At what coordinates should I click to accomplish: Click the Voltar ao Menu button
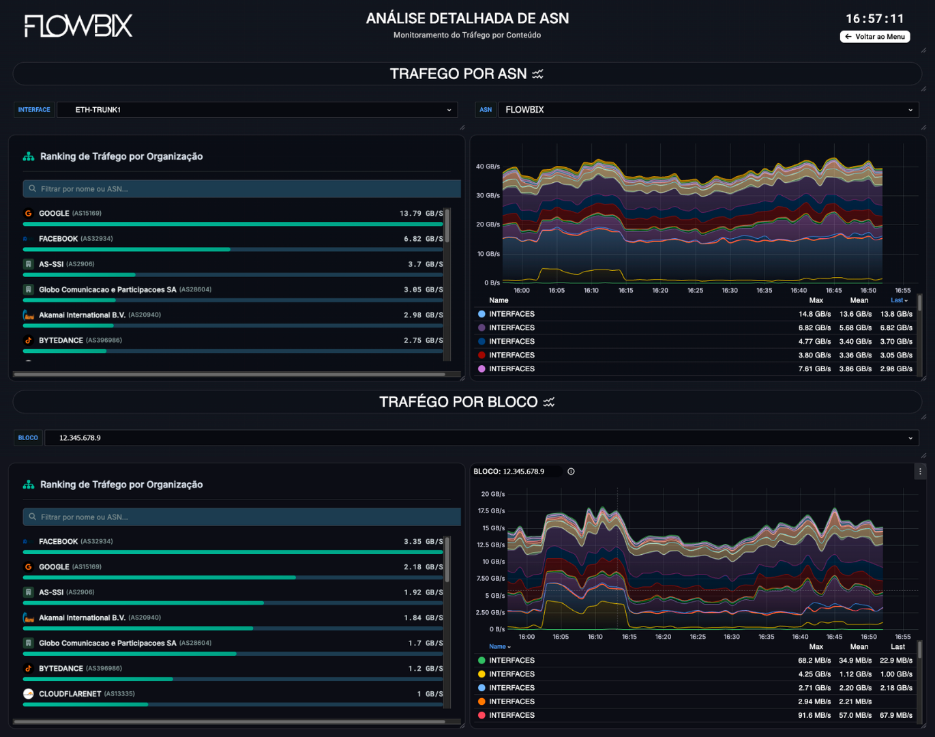(x=875, y=37)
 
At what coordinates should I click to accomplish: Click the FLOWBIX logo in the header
(x=78, y=26)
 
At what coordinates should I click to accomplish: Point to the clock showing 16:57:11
(x=874, y=18)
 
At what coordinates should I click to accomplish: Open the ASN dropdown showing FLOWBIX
(x=708, y=110)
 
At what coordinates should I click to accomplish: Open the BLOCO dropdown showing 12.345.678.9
(x=481, y=438)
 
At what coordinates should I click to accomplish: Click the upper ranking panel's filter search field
(x=241, y=189)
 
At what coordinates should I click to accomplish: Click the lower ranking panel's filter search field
(x=241, y=517)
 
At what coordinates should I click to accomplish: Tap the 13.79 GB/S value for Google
(x=421, y=214)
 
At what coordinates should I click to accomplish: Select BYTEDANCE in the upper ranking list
(x=61, y=341)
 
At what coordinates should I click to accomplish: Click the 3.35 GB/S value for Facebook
(x=423, y=542)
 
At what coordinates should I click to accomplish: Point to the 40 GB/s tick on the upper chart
(x=487, y=167)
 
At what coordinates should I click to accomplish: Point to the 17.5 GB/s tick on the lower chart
(x=491, y=511)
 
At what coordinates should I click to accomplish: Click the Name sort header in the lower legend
(x=499, y=647)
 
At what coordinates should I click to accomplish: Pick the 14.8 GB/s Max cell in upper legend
(x=814, y=315)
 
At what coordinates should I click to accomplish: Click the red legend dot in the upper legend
(x=481, y=356)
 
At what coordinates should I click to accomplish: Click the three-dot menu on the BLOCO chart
(x=920, y=472)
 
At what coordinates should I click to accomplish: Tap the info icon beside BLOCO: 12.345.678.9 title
(x=571, y=472)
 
